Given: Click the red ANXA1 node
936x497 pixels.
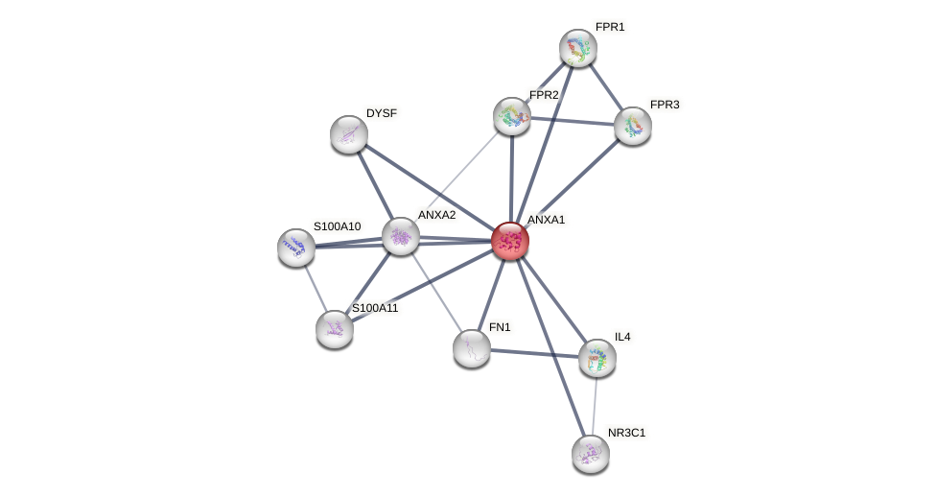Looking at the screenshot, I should point(510,241).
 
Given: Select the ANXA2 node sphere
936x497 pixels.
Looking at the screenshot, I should point(401,236).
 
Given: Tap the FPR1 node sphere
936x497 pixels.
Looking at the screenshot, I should point(578,48).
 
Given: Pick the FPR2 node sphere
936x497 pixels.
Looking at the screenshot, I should point(512,116).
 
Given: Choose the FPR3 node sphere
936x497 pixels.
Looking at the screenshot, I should point(633,126).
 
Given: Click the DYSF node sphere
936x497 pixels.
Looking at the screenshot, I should point(349,134).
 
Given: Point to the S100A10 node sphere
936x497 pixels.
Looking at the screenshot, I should point(296,248).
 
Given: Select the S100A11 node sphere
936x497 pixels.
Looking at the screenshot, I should point(335,329).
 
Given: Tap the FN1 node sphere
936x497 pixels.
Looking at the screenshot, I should point(472,347).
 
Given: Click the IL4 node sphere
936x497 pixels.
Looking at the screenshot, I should point(597,358).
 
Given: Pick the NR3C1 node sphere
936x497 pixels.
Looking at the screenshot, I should point(591,454).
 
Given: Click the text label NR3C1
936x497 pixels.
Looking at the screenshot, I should point(627,433).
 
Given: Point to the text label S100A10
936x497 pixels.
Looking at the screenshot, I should point(338,226).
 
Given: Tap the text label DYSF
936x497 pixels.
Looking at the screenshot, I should point(382,113).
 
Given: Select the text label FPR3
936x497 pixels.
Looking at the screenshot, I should point(665,104).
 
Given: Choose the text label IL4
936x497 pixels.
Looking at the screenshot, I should point(622,337).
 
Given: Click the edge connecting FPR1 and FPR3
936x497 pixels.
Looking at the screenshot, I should point(606,87).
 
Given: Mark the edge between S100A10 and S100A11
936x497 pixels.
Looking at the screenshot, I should point(315,287).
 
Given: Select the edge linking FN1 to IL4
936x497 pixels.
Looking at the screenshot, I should point(534,352).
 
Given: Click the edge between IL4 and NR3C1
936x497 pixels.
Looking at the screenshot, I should point(595,406).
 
